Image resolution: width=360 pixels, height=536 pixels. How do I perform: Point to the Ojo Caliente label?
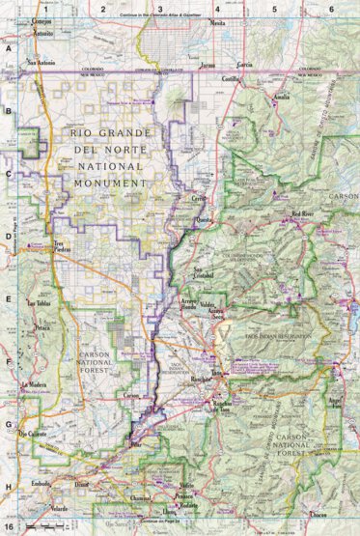coord(35,434)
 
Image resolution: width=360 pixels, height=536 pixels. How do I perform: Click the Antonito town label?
coord(43,33)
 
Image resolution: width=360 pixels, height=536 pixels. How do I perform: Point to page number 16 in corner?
coord(9,527)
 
